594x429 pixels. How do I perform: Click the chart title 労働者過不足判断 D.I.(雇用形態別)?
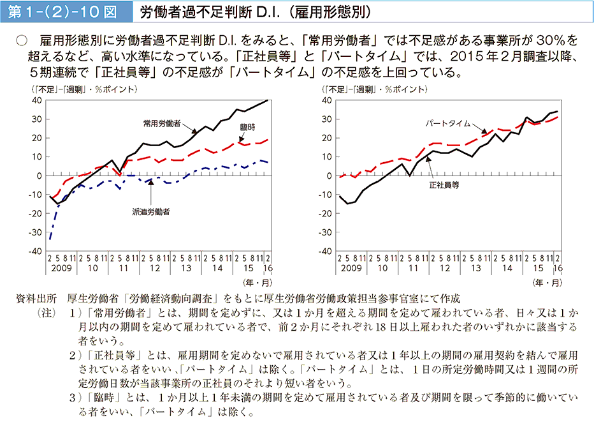[255, 11]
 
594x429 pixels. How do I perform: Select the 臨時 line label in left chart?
[247, 127]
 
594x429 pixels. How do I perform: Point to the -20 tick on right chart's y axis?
[326, 213]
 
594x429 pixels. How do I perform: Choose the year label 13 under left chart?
[187, 269]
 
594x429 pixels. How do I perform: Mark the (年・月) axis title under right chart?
[548, 282]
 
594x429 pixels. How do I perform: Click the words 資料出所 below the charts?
[39, 298]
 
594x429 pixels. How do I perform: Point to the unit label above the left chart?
[83, 89]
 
